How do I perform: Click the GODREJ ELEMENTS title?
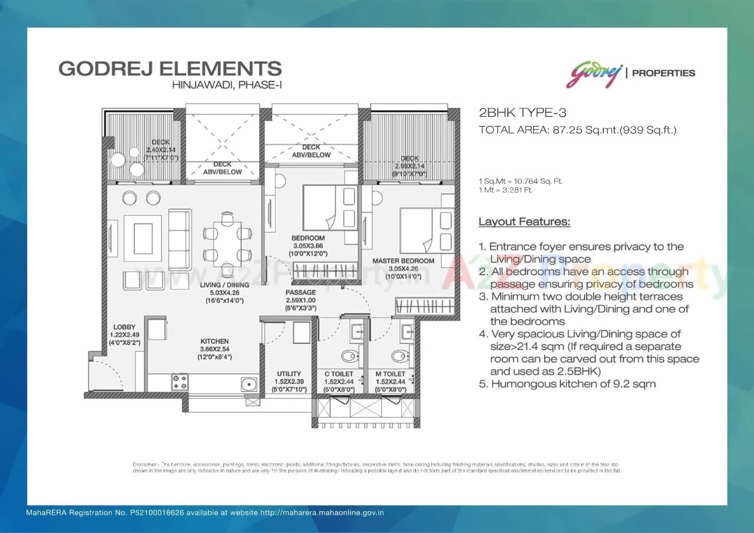click(x=170, y=68)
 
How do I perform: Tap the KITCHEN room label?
click(x=214, y=342)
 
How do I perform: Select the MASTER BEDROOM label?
click(x=404, y=261)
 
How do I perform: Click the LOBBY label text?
click(x=124, y=327)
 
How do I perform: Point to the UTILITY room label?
click(x=289, y=373)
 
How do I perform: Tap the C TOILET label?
click(x=339, y=374)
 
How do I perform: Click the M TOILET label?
click(x=390, y=374)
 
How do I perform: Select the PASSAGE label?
click(x=300, y=293)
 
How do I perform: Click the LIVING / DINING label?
click(x=224, y=285)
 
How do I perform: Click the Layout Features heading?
click(x=524, y=222)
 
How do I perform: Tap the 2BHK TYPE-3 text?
click(x=514, y=113)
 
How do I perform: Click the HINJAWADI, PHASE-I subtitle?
click(x=227, y=85)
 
